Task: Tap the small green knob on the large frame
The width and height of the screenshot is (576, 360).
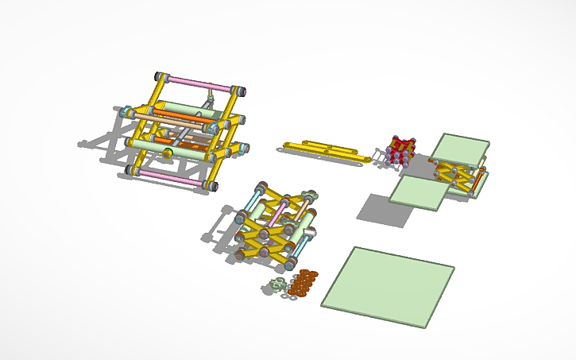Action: [167, 152]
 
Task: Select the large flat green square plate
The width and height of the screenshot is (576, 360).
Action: [388, 286]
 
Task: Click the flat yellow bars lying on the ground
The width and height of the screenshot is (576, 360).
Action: [326, 150]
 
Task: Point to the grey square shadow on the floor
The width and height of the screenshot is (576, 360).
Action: [377, 209]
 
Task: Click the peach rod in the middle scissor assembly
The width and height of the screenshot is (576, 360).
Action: [303, 208]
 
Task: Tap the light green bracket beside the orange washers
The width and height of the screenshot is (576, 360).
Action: [277, 285]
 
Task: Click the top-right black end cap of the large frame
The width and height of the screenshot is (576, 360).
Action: [238, 90]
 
